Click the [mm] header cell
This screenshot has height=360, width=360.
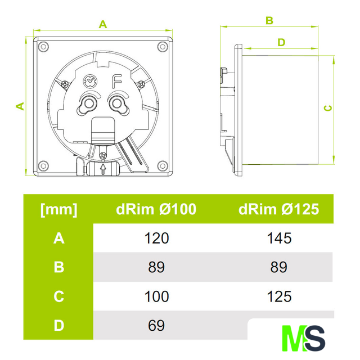tap(58, 210)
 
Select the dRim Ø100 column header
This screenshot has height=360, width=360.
tap(156, 210)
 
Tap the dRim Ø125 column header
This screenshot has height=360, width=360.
tap(279, 210)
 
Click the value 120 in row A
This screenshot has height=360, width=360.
tap(156, 238)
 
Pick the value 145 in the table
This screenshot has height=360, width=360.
tap(279, 238)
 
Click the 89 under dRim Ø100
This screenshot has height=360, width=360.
tap(156, 267)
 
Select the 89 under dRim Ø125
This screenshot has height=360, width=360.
tap(279, 267)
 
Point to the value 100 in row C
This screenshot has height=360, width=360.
tap(156, 296)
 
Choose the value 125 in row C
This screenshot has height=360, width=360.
tap(279, 296)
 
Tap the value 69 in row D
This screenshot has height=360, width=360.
tap(156, 325)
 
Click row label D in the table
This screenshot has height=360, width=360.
tap(58, 325)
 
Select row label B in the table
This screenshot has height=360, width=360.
tap(58, 267)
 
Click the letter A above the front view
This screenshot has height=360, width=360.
tap(102, 24)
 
